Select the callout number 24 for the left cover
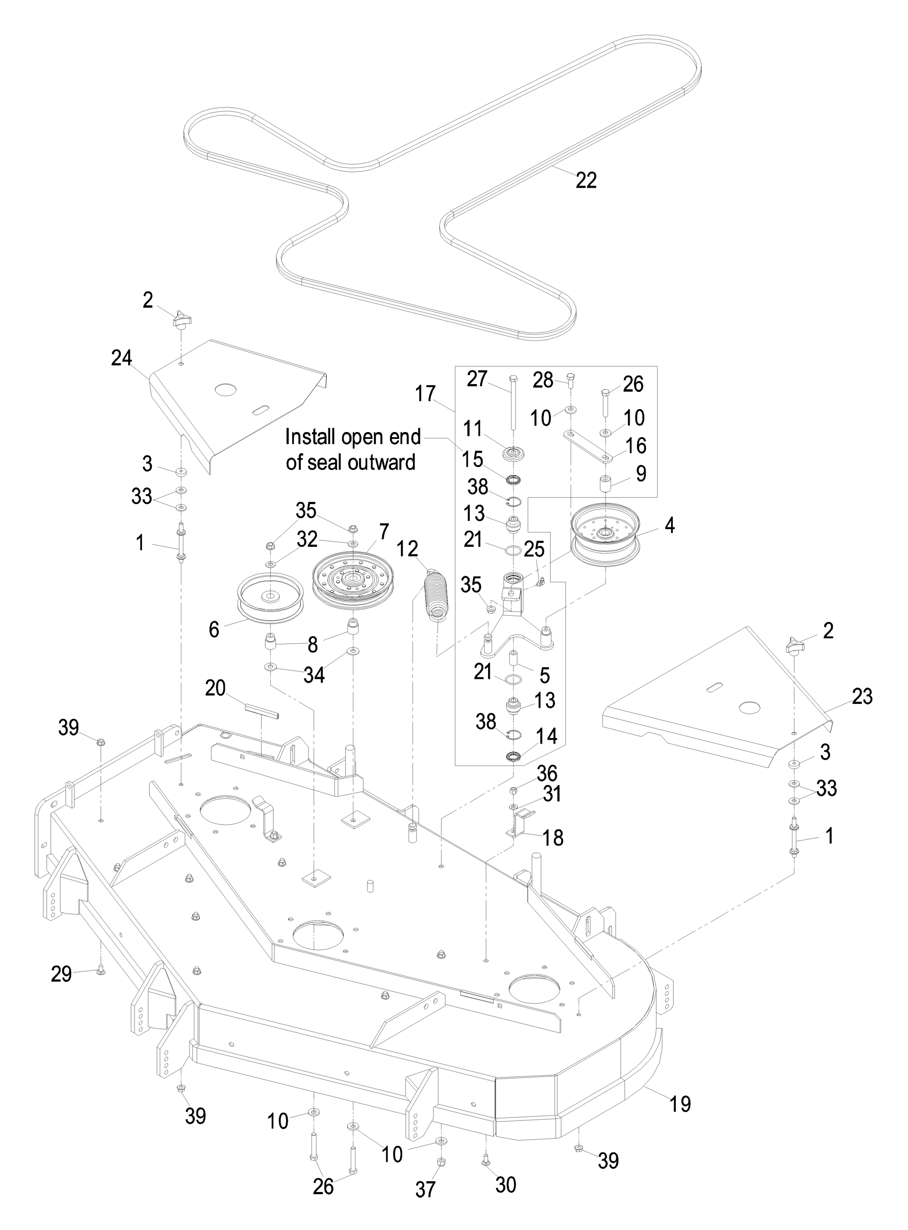[x=121, y=358]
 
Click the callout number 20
[x=215, y=688]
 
